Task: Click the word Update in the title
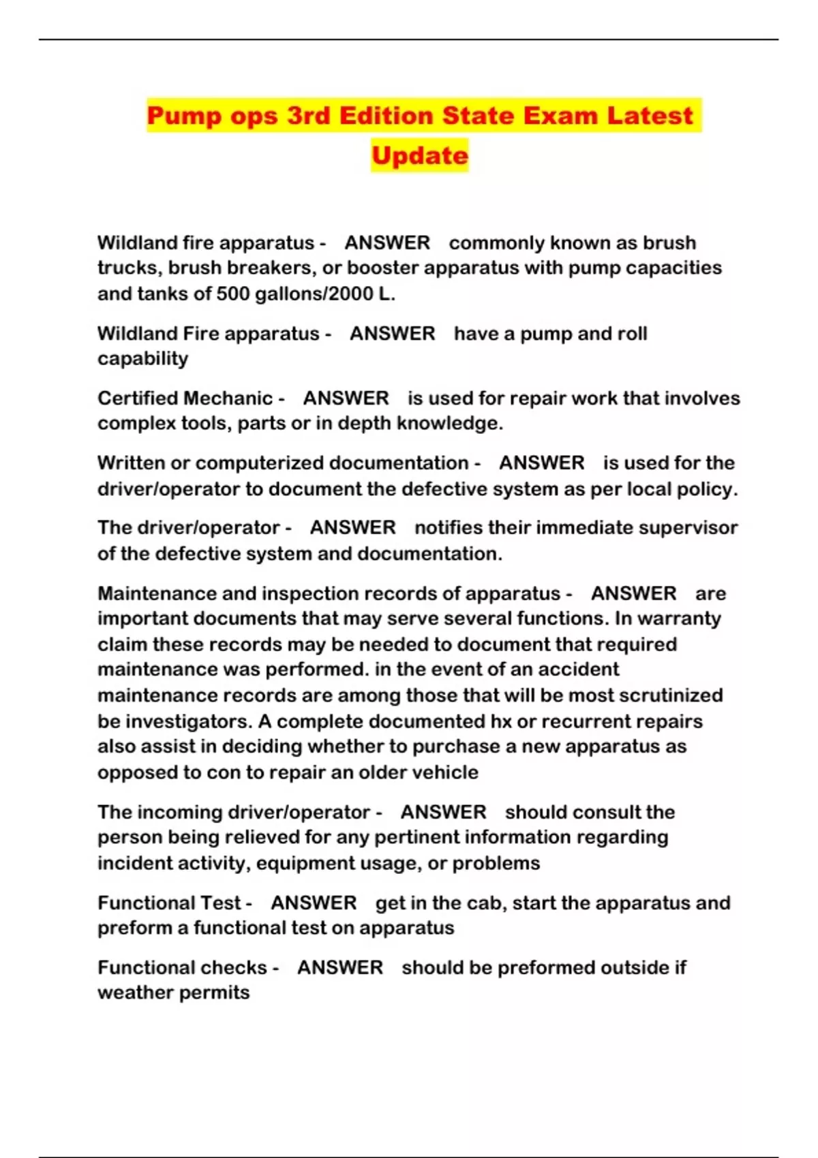click(x=419, y=155)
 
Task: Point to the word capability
click(x=142, y=359)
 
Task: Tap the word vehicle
click(x=446, y=772)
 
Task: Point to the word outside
click(x=618, y=968)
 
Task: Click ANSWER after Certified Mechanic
click(x=346, y=398)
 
